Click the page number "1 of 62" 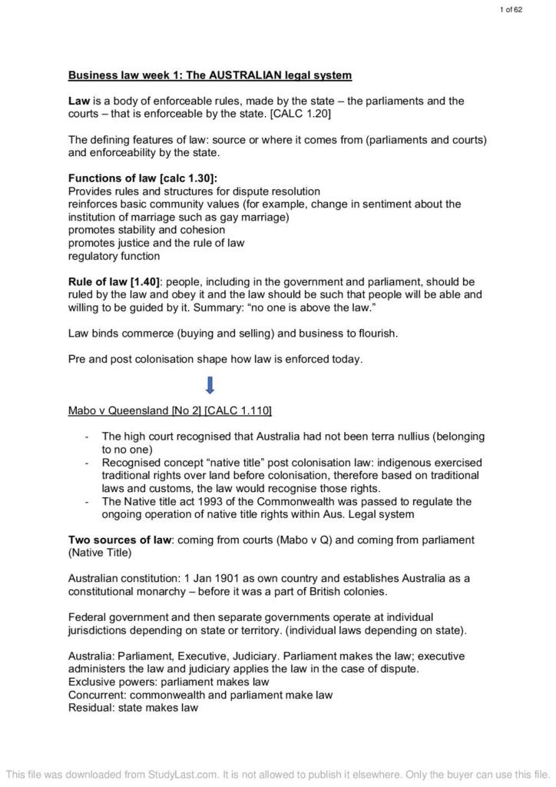click(511, 9)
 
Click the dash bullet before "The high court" click(87, 437)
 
